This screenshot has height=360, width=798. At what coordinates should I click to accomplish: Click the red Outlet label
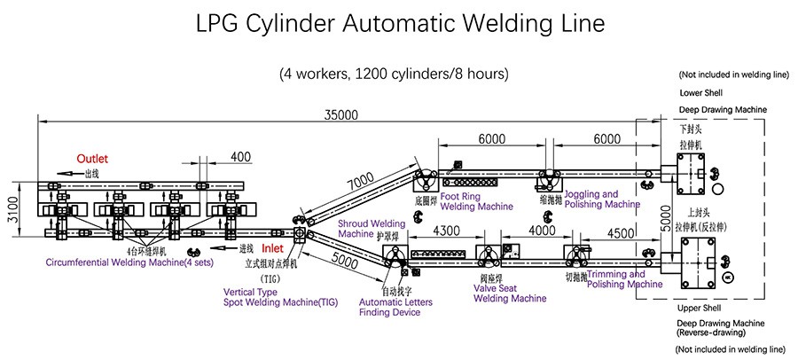click(91, 158)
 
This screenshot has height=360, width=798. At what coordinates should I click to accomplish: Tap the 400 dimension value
click(239, 157)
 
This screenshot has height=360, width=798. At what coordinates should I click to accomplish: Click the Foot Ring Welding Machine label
click(476, 201)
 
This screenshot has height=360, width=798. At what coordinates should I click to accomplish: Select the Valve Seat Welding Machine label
click(510, 293)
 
